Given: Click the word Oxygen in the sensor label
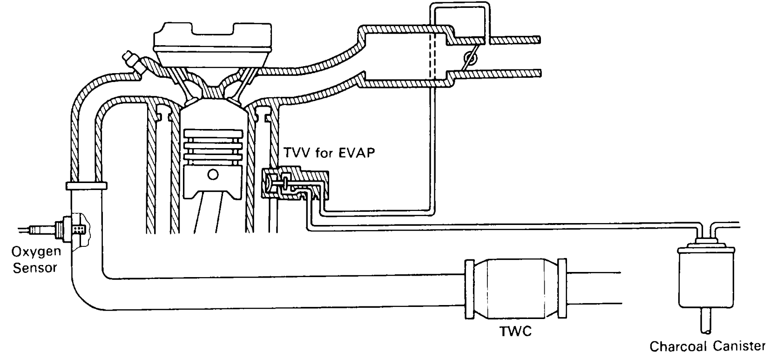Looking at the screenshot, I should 36,252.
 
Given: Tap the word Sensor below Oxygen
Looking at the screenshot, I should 35,268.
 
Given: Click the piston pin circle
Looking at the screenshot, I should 213,175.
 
